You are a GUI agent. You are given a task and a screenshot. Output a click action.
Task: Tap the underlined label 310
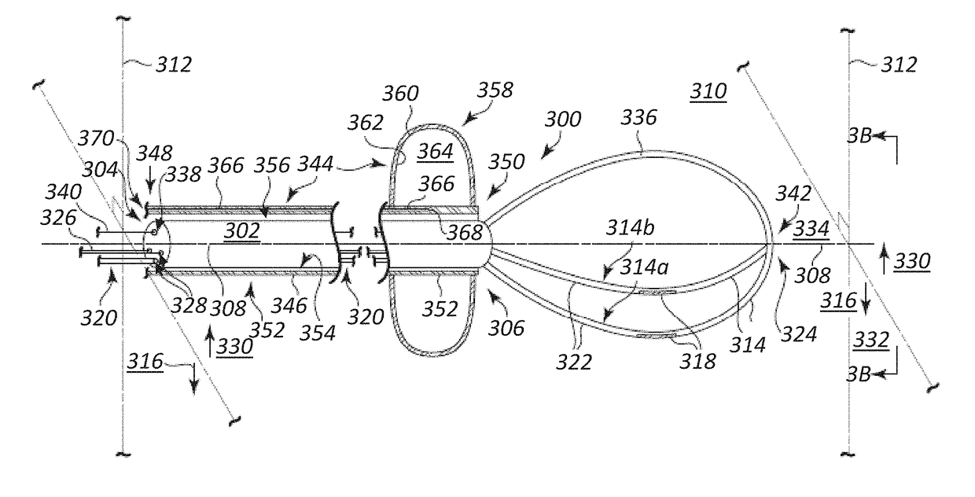708,93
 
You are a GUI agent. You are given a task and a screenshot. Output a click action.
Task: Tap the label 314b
633,228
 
